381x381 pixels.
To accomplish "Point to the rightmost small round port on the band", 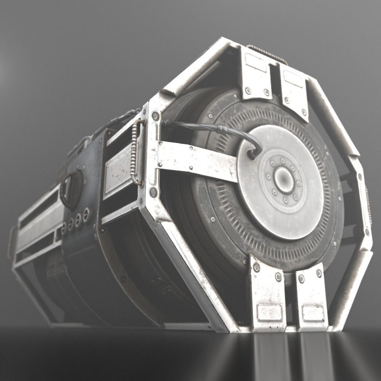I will [x=86, y=215].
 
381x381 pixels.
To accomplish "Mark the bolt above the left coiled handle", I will [x=155, y=115].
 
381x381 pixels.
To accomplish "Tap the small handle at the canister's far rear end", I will [x=11, y=242].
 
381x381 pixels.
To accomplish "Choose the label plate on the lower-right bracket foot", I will [x=313, y=314].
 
